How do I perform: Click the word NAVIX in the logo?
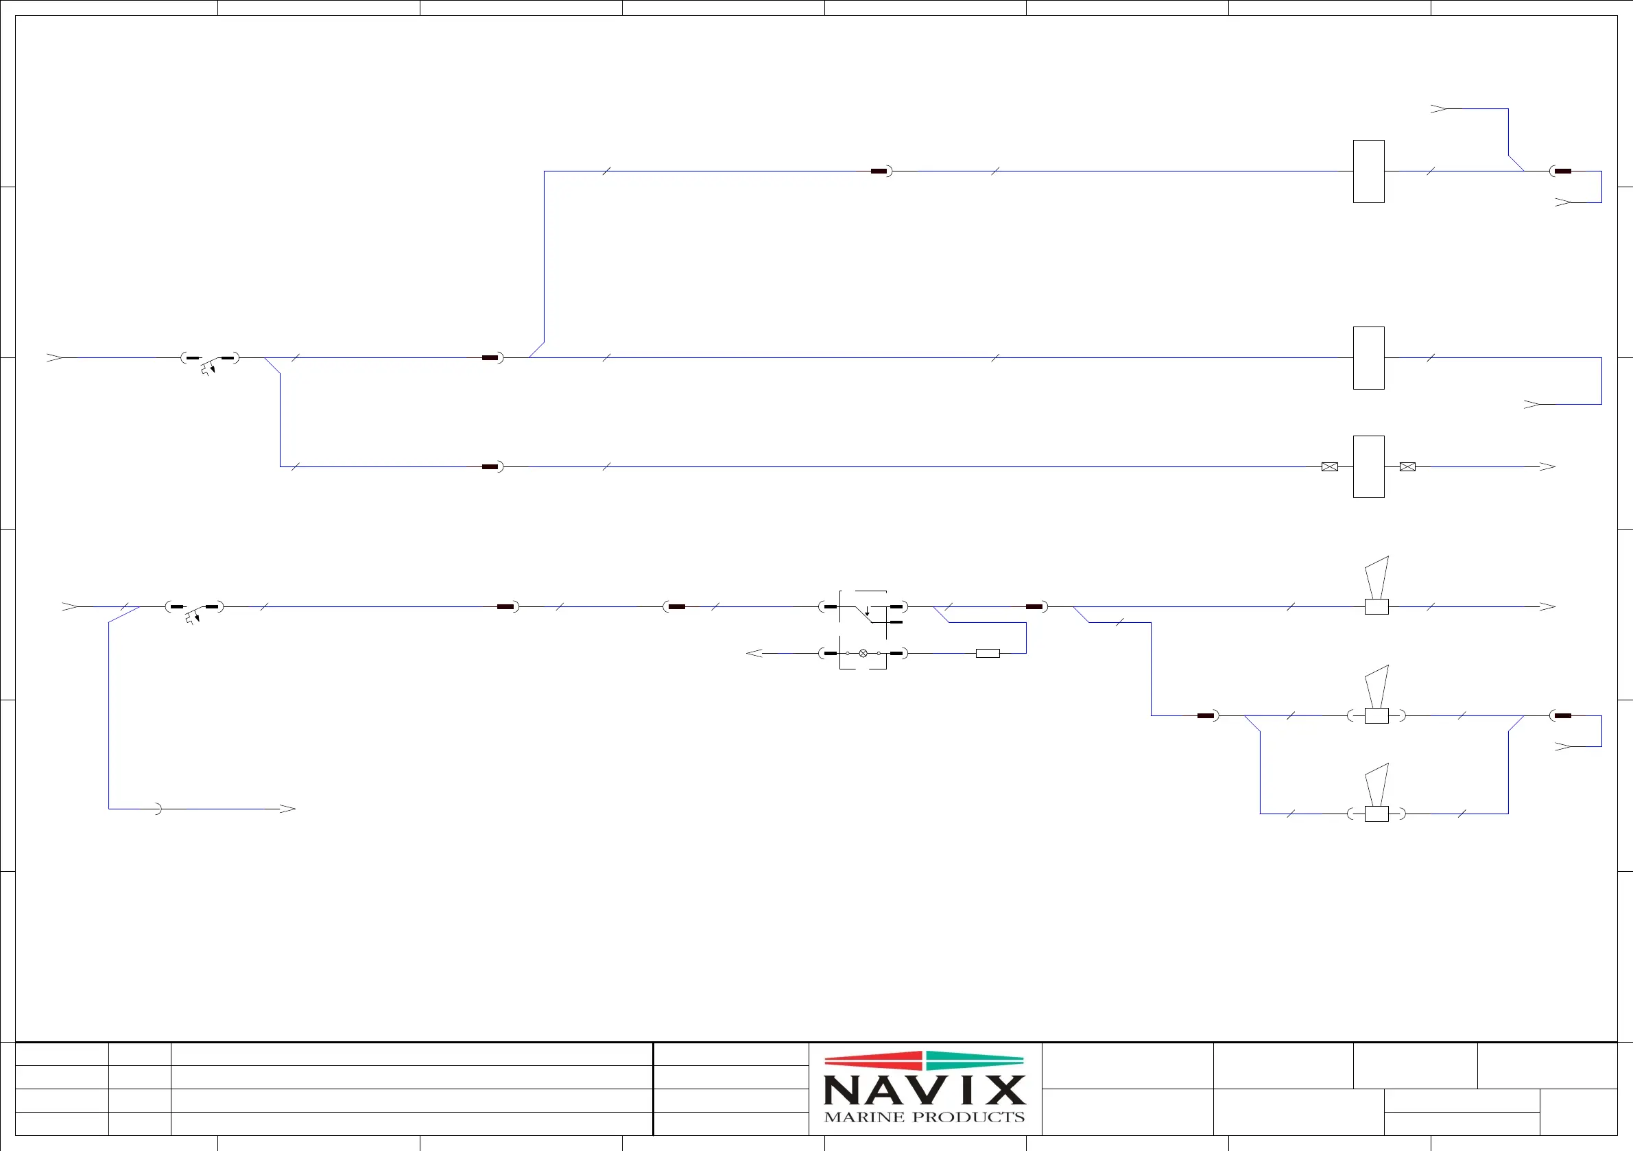924,1089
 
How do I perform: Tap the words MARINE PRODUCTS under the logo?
924,1117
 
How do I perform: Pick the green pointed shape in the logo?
975,1060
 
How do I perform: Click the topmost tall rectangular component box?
1368,171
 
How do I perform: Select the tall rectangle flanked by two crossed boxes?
1368,466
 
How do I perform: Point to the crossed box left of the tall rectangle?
1329,466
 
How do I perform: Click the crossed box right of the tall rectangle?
1407,466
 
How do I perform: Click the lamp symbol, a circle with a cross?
863,653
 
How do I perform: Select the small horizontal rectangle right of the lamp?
987,653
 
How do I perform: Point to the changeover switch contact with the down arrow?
867,613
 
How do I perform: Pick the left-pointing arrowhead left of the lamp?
754,653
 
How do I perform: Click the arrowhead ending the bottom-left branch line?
287,809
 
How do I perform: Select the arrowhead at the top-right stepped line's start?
1438,109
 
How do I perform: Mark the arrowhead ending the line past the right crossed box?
1547,466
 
